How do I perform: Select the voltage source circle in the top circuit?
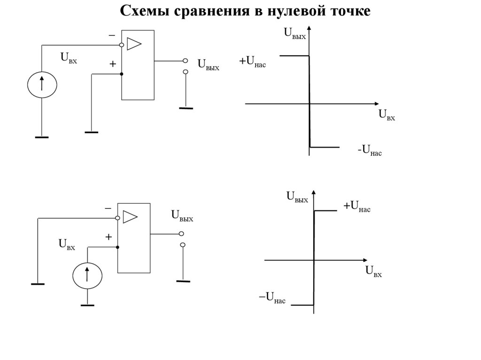click(x=42, y=84)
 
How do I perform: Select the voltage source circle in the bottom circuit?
click(x=87, y=276)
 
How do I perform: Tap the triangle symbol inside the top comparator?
click(x=134, y=44)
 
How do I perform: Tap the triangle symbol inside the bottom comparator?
click(x=130, y=216)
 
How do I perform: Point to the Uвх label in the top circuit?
click(x=68, y=58)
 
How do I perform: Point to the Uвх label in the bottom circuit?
click(x=66, y=244)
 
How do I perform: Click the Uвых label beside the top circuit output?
click(x=208, y=64)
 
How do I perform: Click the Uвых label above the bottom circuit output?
click(x=182, y=216)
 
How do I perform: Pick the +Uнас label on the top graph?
click(x=252, y=61)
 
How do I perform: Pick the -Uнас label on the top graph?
click(x=369, y=151)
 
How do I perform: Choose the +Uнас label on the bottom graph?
click(x=357, y=206)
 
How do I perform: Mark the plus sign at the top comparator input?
click(x=113, y=64)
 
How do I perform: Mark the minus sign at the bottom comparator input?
click(x=108, y=208)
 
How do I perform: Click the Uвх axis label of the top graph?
click(x=387, y=115)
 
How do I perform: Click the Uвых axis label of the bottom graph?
click(x=297, y=197)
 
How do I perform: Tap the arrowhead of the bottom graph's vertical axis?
click(x=314, y=193)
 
